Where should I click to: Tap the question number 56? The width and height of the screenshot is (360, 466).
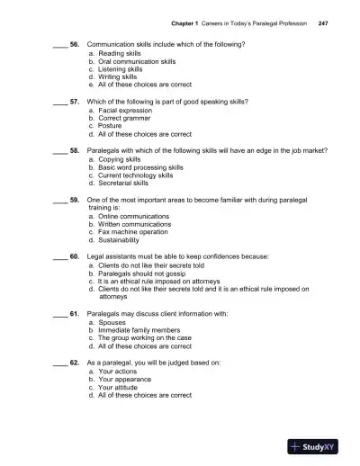pos(75,44)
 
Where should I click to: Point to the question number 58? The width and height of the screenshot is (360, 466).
pos(75,151)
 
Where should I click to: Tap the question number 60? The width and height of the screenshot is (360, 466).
pos(75,257)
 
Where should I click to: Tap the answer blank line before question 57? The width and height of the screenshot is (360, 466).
pos(59,102)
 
